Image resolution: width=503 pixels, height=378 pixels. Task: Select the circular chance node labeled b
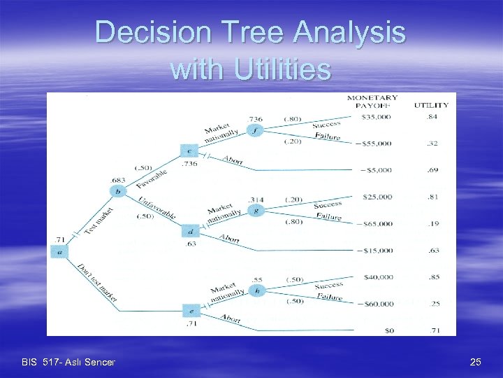[119, 191]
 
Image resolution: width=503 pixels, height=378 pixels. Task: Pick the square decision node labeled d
[189, 231]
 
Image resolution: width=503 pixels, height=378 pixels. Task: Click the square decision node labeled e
[191, 311]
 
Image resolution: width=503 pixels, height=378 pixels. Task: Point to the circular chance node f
[256, 130]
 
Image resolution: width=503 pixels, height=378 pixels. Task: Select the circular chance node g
[256, 211]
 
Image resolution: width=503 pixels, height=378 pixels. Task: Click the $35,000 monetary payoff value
[376, 117]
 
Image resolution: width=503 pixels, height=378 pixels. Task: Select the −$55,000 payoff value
[374, 143]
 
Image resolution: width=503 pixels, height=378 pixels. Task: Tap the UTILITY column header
[431, 106]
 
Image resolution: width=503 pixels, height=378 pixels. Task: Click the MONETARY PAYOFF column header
[373, 101]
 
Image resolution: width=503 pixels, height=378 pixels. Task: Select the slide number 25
[475, 362]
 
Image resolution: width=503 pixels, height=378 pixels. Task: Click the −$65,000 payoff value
[374, 223]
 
